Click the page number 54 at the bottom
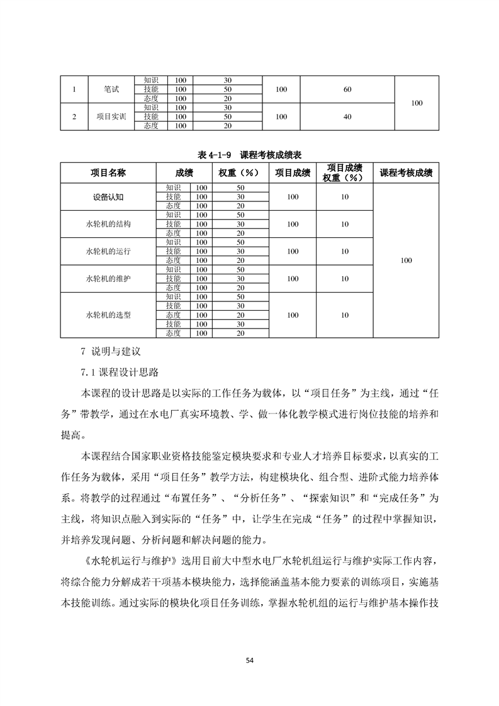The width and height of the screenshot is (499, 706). (x=249, y=660)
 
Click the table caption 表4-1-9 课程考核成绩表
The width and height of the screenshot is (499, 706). (x=250, y=155)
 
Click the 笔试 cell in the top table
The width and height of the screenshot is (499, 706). (x=111, y=89)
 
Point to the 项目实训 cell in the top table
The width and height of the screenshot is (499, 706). (x=111, y=116)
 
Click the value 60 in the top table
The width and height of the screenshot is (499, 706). (x=347, y=89)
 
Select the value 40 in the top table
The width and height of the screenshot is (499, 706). (x=347, y=116)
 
